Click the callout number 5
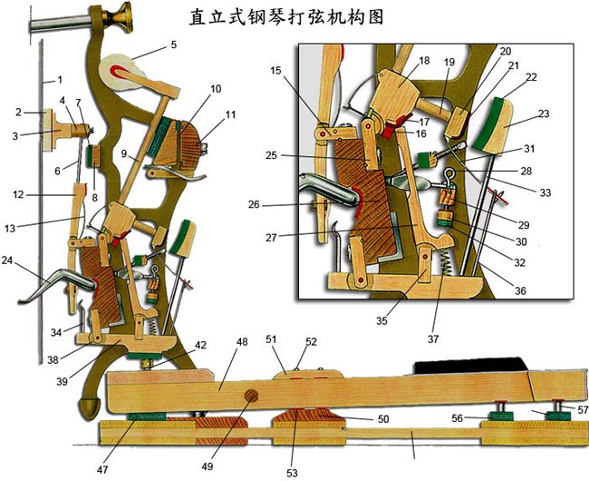pyautogui.click(x=173, y=44)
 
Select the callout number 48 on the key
pyautogui.click(x=242, y=343)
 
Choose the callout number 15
pyautogui.click(x=275, y=70)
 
